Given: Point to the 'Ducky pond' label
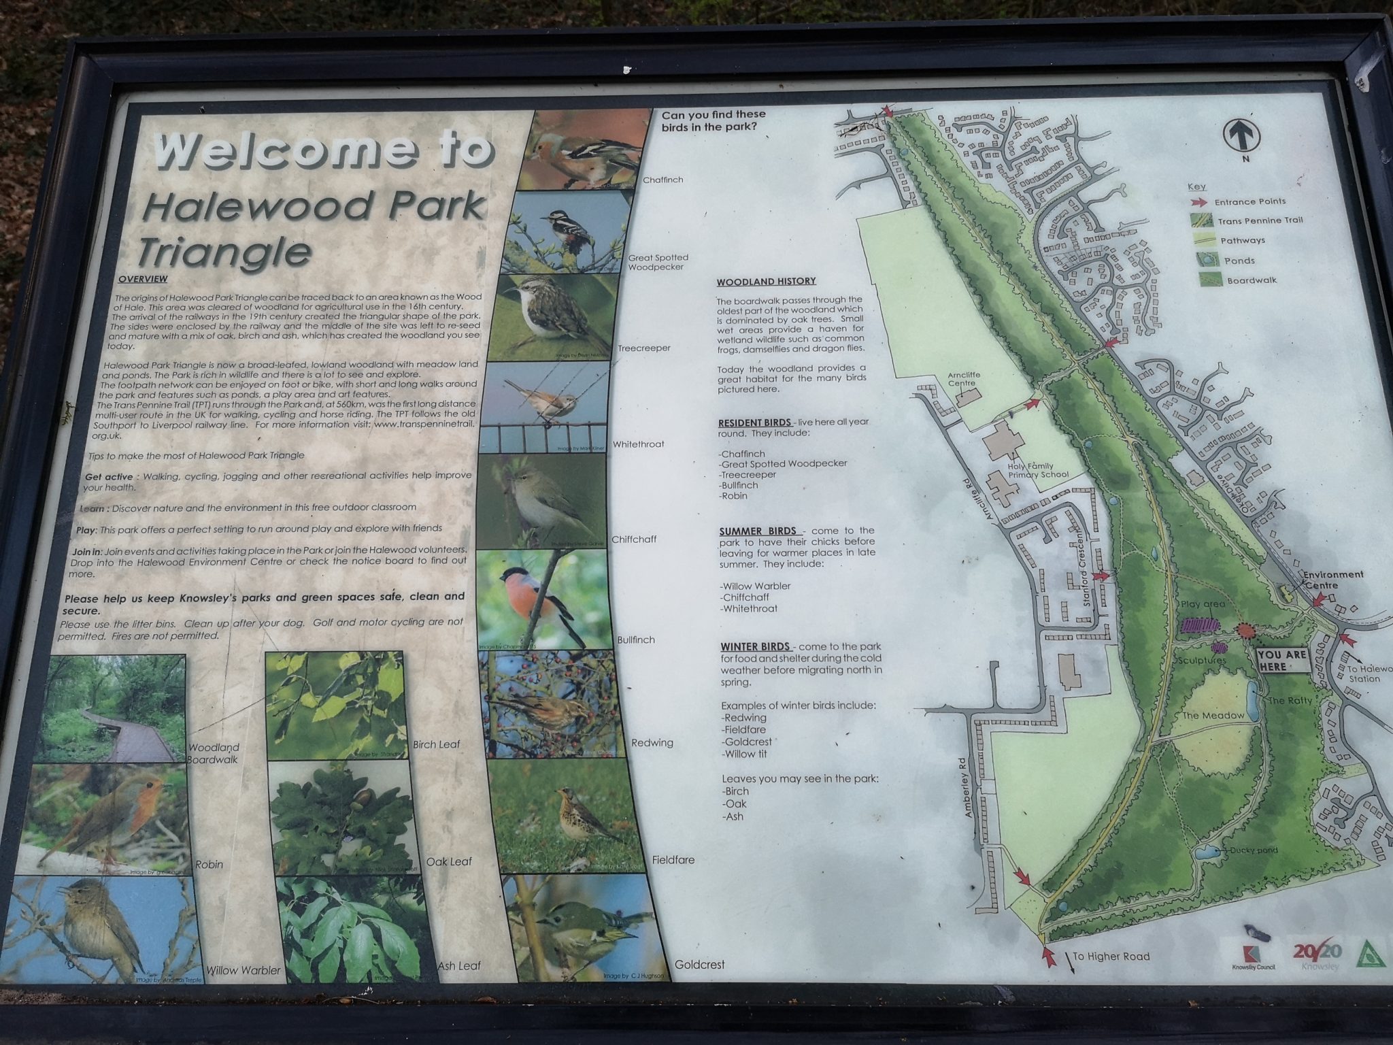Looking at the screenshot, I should (x=1253, y=850).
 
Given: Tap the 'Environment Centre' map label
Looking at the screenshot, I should (x=1332, y=579).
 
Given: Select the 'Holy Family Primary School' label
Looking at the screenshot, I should (x=1038, y=469).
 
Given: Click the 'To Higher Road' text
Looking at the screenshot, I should (x=1111, y=957).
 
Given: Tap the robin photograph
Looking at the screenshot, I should (x=110, y=819).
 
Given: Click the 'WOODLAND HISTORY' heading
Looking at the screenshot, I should (x=766, y=282).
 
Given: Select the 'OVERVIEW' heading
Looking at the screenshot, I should (x=142, y=279).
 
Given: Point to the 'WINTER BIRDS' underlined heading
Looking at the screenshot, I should (x=756, y=646).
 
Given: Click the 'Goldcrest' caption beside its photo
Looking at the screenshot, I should (x=699, y=964).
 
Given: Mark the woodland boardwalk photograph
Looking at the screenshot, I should (x=116, y=708).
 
